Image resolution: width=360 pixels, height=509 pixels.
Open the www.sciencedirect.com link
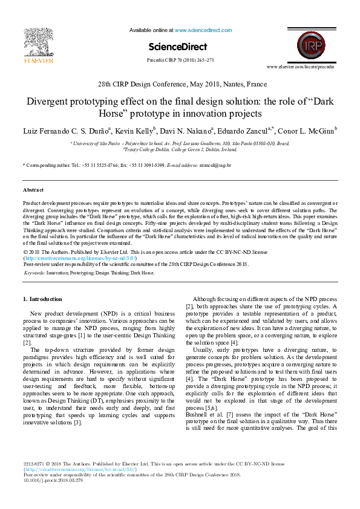point(198,29)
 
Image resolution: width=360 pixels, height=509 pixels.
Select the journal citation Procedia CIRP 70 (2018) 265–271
point(180,60)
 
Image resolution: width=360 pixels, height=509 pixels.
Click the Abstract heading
point(33,190)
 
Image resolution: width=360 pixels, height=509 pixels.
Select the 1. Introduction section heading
point(42,299)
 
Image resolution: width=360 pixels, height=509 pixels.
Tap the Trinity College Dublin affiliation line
point(180,148)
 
